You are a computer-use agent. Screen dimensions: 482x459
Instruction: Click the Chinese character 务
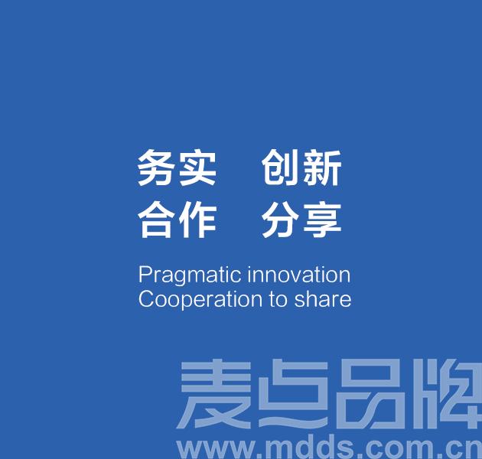[x=155, y=168]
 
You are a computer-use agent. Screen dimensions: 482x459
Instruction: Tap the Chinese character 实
[x=197, y=168]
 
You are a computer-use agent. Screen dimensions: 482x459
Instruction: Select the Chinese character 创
[x=279, y=168]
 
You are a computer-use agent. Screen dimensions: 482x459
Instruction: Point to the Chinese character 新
[x=322, y=168]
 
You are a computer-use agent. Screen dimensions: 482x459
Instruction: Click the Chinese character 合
[x=155, y=220]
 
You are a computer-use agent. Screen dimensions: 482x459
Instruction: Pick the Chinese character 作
[x=198, y=220]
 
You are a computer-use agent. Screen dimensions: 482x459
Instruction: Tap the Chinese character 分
[x=279, y=220]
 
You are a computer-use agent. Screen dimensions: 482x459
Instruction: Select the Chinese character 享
[x=322, y=220]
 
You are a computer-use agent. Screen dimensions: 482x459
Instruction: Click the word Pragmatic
[x=190, y=275]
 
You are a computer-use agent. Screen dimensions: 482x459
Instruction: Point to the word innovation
[x=299, y=274]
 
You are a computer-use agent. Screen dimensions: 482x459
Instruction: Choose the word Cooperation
[x=200, y=300]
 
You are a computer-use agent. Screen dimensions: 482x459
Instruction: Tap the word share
[x=322, y=299]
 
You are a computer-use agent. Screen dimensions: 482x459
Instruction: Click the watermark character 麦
[x=214, y=395]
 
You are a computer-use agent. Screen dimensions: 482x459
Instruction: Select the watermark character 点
[x=292, y=395]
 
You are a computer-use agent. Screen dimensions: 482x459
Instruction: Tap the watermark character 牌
[x=448, y=395]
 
